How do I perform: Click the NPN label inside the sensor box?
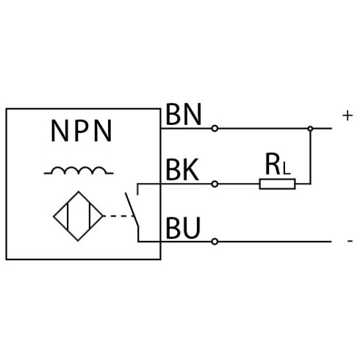coord(82,131)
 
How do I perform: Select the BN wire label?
coord(184,114)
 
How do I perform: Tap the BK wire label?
coord(182,170)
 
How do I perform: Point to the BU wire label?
coord(183,228)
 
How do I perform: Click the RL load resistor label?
coord(278,164)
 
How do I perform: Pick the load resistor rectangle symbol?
coord(277,184)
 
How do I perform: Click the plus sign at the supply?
coord(348,115)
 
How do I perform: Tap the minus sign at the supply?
coord(350,241)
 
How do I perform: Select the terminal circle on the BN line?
coord(215,129)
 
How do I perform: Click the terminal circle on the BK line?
coord(215,184)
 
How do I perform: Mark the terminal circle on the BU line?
coord(215,242)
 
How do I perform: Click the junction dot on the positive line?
coord(310,129)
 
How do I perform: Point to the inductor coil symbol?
coord(79,170)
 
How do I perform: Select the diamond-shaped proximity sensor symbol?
coord(79,216)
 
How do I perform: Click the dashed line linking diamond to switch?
coord(119,216)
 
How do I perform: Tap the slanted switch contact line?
coord(132,209)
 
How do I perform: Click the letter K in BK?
coord(191,170)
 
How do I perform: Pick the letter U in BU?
coord(192,228)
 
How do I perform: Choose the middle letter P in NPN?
coord(82,131)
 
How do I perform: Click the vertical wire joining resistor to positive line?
coord(311,156)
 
